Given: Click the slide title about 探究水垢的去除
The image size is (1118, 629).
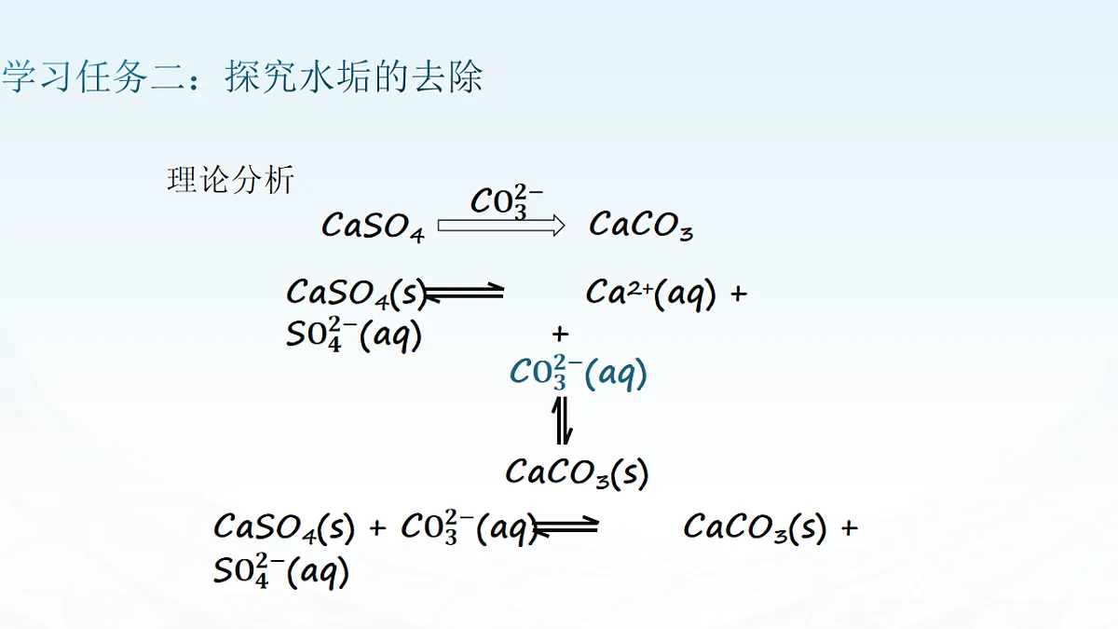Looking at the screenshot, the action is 242,76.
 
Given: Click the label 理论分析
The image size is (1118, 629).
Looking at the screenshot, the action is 231,180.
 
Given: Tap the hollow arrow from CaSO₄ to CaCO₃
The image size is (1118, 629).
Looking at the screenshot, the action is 501,226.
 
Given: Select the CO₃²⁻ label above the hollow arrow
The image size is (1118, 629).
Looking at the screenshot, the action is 507,201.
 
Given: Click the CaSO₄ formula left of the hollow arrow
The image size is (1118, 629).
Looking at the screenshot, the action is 374,226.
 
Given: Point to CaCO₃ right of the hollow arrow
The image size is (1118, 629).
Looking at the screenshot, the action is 641,226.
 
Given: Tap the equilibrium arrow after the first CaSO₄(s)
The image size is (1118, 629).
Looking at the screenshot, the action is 464,292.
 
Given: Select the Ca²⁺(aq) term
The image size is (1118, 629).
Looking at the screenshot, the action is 651,294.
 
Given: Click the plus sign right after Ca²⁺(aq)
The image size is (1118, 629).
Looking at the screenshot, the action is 739,294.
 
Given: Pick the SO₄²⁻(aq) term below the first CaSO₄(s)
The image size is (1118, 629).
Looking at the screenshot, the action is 354,335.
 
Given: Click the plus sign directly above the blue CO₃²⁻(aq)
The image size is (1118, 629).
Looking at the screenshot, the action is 561,334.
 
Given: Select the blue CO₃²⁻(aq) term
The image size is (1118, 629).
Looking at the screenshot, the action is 578,373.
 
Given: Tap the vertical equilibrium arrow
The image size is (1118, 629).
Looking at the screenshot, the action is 562,420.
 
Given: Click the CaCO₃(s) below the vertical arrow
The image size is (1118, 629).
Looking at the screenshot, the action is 577,472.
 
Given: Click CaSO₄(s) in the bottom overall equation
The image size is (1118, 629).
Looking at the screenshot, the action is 284,527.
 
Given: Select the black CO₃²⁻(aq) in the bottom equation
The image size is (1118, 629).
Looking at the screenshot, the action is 470,527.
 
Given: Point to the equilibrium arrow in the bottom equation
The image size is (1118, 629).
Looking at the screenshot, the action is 566,526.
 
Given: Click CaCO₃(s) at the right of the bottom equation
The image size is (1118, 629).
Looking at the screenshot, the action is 755,527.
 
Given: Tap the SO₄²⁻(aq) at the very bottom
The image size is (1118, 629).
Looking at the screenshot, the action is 281,571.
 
